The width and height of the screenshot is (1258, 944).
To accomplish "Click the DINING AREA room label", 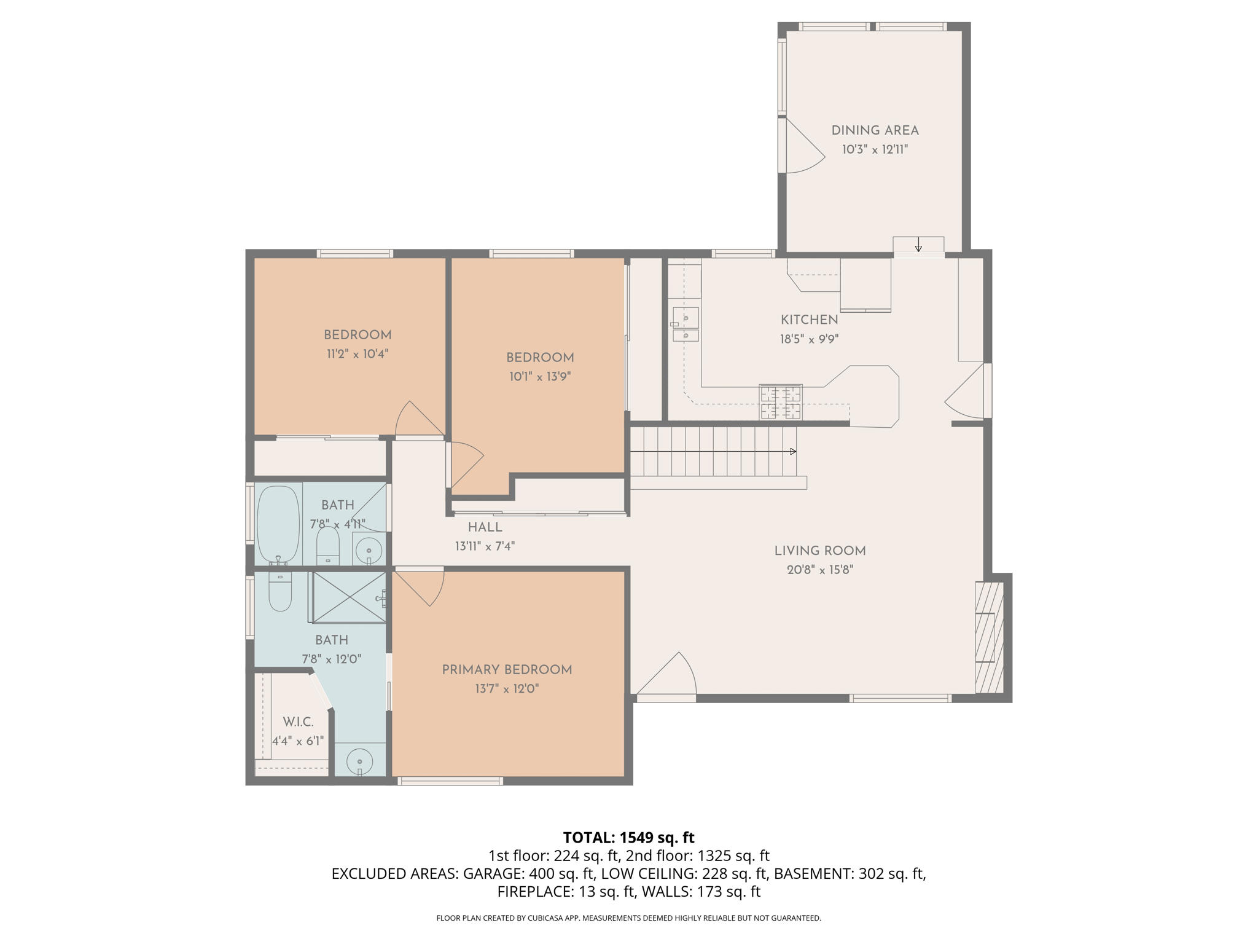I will point(875,130).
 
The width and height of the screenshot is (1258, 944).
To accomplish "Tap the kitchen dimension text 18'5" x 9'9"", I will point(809,339).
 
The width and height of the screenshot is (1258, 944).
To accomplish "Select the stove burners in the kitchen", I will point(781,402).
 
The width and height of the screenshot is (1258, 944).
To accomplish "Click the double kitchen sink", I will point(686,324).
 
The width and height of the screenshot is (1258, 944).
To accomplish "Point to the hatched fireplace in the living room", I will point(989,637).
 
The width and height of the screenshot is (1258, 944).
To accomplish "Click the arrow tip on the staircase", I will point(793,452).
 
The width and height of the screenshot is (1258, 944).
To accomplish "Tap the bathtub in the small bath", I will point(278,524).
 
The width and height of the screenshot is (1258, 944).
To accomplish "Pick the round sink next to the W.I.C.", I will point(359,762).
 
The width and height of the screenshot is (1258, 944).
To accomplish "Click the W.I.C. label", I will point(298,722).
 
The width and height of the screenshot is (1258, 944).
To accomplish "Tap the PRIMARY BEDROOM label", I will point(507,670).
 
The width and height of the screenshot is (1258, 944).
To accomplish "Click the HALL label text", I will point(485,527).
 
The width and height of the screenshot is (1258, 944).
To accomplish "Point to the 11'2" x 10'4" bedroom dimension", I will point(357,354).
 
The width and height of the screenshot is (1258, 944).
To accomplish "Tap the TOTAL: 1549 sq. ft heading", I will point(628,838).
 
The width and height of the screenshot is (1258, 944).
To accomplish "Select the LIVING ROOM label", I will point(819,551).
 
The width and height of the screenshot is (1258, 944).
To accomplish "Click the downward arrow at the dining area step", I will point(918,247).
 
